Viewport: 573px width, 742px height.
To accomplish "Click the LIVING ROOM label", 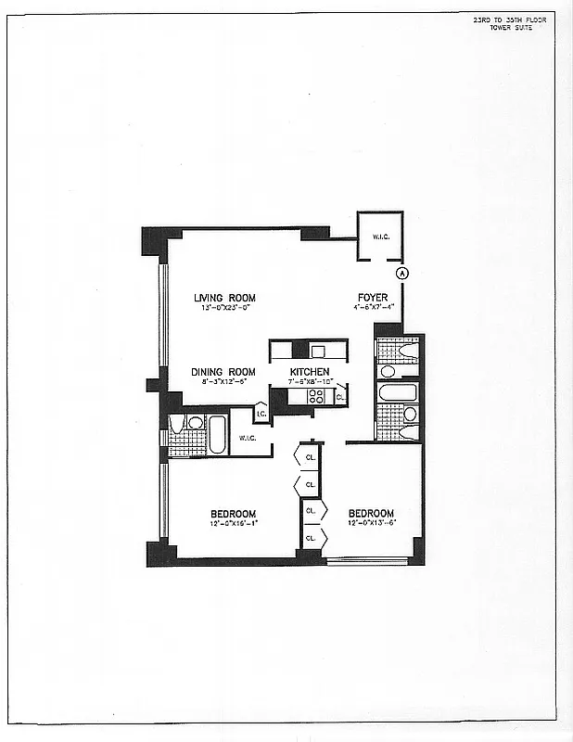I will (224, 298).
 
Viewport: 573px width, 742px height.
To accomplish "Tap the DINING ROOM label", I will (223, 372).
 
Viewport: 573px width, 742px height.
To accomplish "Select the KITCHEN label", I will (309, 372).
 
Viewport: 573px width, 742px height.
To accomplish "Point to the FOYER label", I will (373, 298).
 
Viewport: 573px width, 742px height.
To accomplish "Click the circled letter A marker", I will (402, 273).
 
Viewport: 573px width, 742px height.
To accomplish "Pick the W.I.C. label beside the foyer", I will (380, 237).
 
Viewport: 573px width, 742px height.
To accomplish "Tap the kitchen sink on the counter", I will (318, 352).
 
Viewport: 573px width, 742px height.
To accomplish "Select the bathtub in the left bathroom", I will (217, 435).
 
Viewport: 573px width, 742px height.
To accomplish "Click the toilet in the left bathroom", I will (178, 425).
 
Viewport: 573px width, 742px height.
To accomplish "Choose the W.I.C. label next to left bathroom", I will (247, 438).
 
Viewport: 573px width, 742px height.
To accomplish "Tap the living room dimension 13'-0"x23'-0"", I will (224, 308).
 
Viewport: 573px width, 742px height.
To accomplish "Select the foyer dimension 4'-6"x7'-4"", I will (373, 307).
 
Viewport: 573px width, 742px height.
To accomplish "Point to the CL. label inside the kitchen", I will (340, 396).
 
